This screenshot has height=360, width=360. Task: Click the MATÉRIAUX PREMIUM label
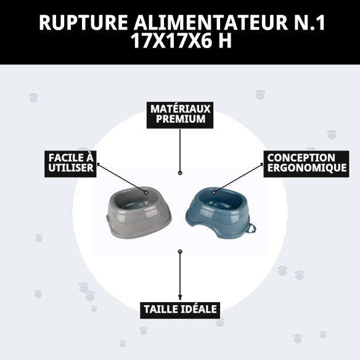[180, 114]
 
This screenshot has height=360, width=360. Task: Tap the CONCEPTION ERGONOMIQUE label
[306, 163]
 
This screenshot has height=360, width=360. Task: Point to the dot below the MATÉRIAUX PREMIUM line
[180, 174]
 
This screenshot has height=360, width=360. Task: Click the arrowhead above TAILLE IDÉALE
[180, 298]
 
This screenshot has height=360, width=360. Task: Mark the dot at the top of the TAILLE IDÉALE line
[180, 252]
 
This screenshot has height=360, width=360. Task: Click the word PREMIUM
[180, 120]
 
